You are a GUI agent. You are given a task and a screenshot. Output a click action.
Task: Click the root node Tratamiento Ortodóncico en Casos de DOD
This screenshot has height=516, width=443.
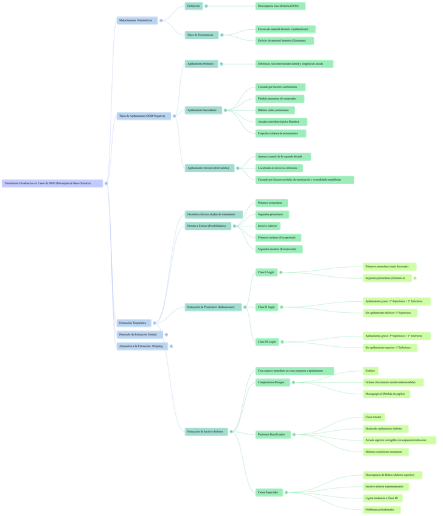pyautogui.click(x=52, y=183)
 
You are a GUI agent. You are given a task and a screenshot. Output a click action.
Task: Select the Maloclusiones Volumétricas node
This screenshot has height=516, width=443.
pyautogui.click(x=138, y=21)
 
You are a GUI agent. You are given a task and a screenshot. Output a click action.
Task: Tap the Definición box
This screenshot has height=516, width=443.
pyautogui.click(x=194, y=6)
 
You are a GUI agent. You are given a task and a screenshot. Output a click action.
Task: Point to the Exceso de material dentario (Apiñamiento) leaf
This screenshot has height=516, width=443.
pyautogui.click(x=285, y=29)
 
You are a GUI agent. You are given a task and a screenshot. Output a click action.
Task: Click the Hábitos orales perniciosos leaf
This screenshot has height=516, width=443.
pyautogui.click(x=275, y=110)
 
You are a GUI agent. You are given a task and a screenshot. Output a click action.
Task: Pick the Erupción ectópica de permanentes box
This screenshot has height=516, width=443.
pyautogui.click(x=281, y=133)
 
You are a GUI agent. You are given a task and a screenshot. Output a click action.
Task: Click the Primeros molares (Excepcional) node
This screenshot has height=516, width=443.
pyautogui.click(x=278, y=237)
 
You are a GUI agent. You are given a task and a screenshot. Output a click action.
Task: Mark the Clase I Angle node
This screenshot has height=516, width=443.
pyautogui.click(x=267, y=273)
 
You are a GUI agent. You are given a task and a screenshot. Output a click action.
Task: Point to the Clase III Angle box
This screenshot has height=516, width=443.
pyautogui.click(x=267, y=342)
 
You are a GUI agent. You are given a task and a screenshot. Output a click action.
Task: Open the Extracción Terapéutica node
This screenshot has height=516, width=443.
pyautogui.click(x=133, y=322)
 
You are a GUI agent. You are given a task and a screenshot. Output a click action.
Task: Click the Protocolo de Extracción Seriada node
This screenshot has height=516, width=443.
pyautogui.click(x=139, y=335)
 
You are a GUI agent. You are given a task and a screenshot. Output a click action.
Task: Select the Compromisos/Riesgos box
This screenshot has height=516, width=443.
pyautogui.click(x=271, y=383)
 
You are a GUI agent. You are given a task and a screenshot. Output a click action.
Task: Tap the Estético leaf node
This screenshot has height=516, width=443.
pyautogui.click(x=371, y=371)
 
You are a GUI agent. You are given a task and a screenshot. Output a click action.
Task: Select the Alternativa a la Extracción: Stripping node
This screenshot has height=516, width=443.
pyautogui.click(x=141, y=346)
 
